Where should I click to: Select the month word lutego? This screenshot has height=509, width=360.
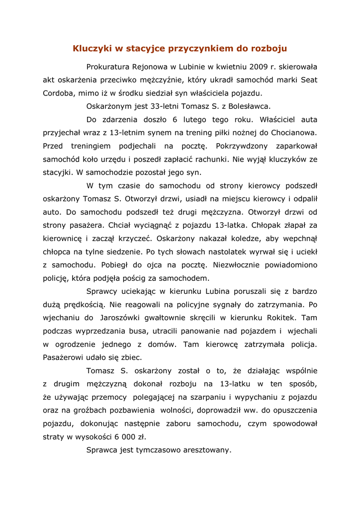[194, 120]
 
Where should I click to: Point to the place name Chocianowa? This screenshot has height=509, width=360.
[294, 133]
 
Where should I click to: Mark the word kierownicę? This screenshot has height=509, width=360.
[63, 238]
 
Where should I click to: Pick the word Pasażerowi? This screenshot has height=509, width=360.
[65, 357]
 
